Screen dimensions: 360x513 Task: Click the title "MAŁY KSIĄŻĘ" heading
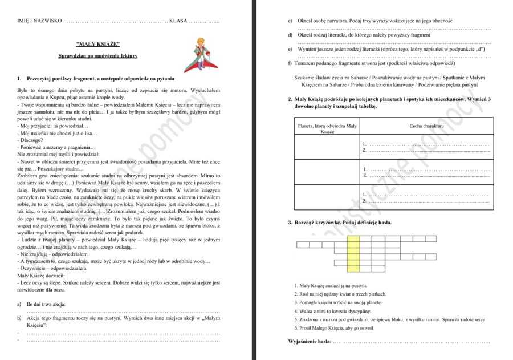tap(97, 44)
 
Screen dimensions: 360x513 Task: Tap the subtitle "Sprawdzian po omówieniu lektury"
tap(97, 56)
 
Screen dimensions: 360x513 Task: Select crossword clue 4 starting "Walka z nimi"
tap(333, 311)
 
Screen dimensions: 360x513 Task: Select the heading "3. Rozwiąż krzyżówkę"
tap(340, 222)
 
